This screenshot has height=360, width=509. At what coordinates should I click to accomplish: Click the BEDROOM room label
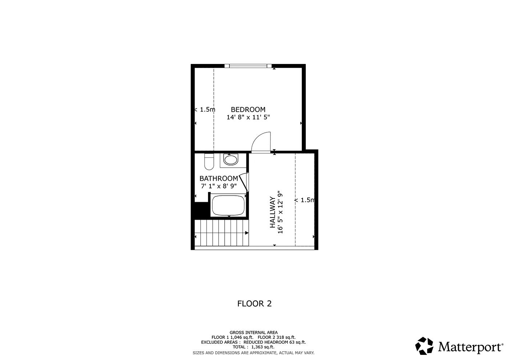248,109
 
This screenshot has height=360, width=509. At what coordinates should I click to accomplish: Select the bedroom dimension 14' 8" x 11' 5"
248,117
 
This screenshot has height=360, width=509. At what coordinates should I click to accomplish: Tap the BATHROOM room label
219,179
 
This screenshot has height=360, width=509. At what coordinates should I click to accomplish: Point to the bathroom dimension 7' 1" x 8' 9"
219,186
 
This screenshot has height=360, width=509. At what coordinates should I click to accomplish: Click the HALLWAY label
272,212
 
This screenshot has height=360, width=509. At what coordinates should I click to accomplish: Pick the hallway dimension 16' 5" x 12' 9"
280,212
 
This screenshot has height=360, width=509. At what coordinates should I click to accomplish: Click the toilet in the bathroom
209,162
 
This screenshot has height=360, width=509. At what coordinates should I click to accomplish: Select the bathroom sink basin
230,160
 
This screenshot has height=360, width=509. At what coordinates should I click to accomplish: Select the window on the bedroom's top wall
248,66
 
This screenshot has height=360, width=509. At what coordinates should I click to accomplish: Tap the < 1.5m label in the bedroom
205,109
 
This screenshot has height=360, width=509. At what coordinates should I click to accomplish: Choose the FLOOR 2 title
254,304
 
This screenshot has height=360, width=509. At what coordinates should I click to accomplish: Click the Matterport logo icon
424,346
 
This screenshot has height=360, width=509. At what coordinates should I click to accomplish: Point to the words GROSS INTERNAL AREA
253,332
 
